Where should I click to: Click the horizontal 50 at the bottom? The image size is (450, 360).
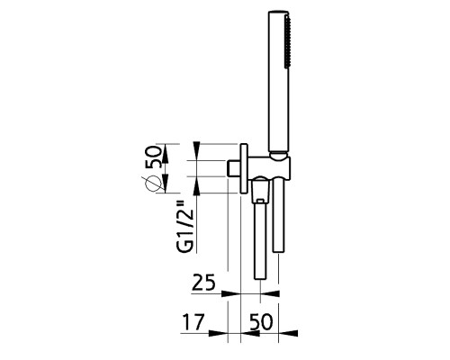click(x=260, y=321)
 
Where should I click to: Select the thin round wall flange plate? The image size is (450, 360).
click(x=244, y=168)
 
